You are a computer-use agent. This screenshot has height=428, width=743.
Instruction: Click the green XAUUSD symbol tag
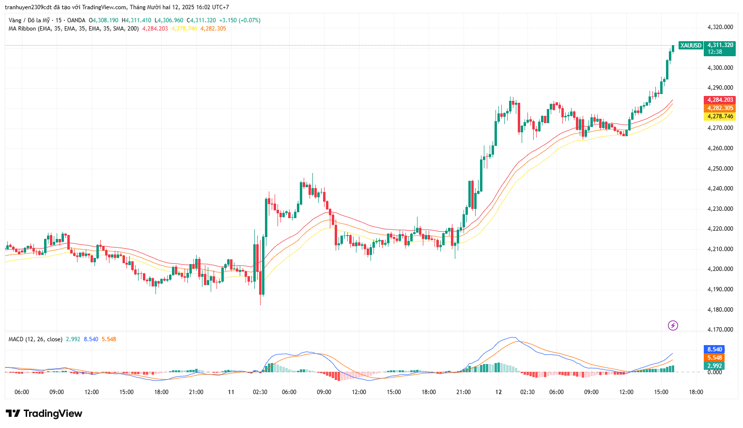(x=690, y=46)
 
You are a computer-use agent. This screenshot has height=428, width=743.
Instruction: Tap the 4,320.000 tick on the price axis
(x=720, y=28)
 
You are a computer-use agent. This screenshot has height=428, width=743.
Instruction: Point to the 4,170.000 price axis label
(x=720, y=330)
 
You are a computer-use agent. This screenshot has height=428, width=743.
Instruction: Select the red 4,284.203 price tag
(x=720, y=100)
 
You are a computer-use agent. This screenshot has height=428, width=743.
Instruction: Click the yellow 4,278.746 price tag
(x=720, y=116)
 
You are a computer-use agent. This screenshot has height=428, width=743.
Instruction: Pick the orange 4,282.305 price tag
(x=720, y=108)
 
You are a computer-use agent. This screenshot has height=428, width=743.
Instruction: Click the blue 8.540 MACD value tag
(x=714, y=349)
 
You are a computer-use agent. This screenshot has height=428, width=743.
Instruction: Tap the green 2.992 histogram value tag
(x=714, y=366)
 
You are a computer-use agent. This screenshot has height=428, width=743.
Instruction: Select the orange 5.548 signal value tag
(x=714, y=358)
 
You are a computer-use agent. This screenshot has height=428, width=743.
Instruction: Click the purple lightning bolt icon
(x=673, y=326)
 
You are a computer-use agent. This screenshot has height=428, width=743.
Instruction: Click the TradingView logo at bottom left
(x=44, y=413)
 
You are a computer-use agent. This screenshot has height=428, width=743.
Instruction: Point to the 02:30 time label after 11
(x=260, y=392)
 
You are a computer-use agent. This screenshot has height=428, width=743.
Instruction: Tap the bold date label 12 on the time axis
(x=498, y=392)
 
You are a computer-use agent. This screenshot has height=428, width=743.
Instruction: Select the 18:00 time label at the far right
(x=696, y=392)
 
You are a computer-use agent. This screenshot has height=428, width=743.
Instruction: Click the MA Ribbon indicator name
(x=22, y=29)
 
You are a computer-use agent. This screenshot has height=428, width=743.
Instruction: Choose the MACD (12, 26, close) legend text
(x=35, y=339)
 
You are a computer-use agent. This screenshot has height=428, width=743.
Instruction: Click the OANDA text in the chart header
(x=76, y=20)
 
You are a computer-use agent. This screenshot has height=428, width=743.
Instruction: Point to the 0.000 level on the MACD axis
(x=714, y=372)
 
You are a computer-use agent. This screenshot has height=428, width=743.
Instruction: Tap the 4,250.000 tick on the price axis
(x=720, y=169)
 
